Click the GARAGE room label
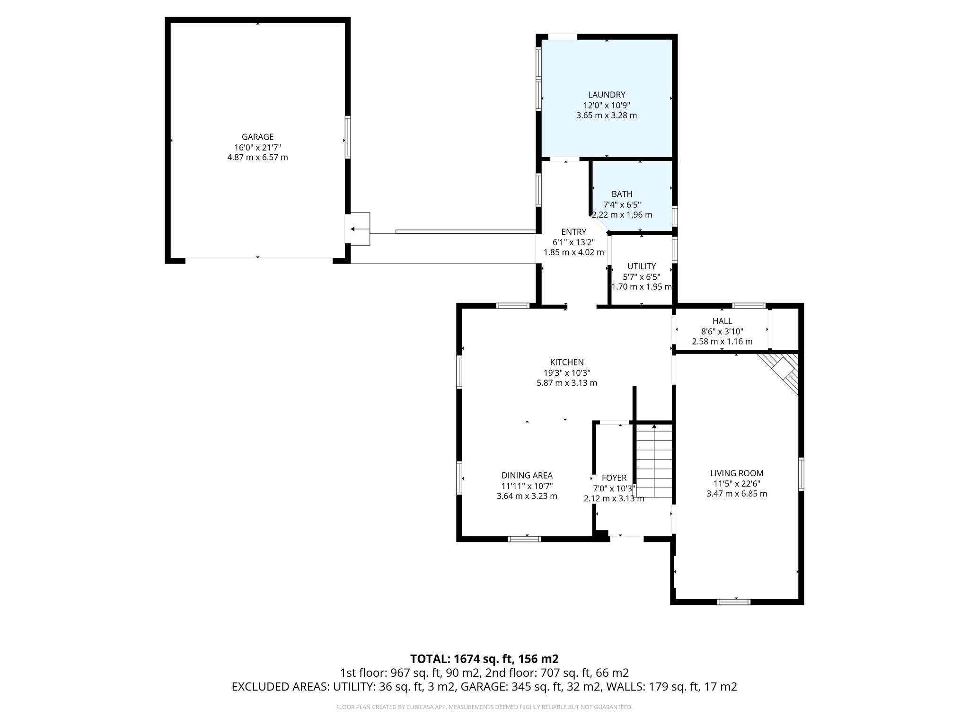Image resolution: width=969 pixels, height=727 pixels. [x=257, y=137]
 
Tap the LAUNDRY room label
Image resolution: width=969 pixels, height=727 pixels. [x=607, y=95]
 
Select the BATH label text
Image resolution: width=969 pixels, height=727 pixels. [x=622, y=194]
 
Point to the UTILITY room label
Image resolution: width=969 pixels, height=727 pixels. [x=641, y=266]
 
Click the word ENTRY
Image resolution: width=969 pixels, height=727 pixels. [x=573, y=232]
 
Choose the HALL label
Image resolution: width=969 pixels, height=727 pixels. [x=722, y=321]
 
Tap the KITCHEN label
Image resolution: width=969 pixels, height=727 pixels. [x=566, y=363]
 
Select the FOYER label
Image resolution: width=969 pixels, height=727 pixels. [x=614, y=478]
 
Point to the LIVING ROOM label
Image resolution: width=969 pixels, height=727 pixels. [x=736, y=473]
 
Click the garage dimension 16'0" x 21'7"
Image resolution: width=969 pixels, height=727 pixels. [x=257, y=147]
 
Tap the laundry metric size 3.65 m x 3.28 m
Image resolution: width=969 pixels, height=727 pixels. [x=607, y=115]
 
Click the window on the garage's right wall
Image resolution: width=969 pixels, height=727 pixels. [x=348, y=137]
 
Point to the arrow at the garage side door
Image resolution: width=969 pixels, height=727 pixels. [x=352, y=229]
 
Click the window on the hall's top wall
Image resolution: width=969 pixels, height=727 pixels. [x=749, y=306]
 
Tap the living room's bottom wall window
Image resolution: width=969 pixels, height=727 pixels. [x=733, y=602]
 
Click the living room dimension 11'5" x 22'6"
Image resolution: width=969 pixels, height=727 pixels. [x=736, y=484]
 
